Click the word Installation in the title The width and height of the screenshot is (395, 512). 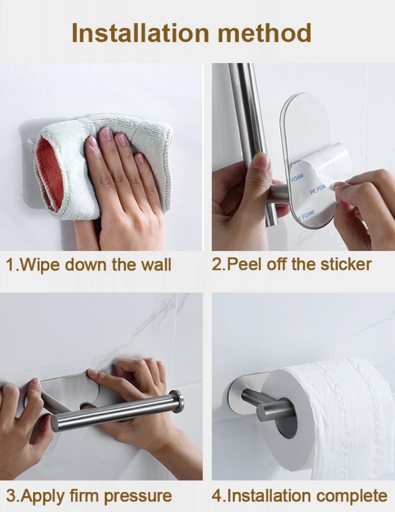click(141, 33)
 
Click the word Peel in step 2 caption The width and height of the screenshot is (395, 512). click(244, 264)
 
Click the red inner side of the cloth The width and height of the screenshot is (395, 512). click(50, 172)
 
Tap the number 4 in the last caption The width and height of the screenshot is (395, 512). click(216, 496)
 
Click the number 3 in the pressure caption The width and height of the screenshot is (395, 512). click(11, 496)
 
